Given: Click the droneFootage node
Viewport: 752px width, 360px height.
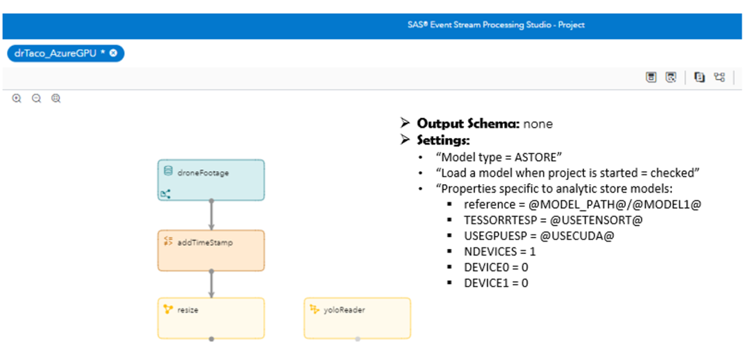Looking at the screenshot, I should tap(211, 180).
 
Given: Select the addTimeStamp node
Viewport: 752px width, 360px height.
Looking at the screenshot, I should tap(211, 250).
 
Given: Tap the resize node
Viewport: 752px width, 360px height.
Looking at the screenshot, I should tap(211, 318).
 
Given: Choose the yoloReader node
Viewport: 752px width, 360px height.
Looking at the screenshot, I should tap(356, 318).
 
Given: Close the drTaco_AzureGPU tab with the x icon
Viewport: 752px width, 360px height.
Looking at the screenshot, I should tap(114, 53).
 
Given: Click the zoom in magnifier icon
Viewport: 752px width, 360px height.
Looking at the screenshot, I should tap(17, 98).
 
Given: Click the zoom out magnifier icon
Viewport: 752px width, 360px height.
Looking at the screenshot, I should tap(36, 98).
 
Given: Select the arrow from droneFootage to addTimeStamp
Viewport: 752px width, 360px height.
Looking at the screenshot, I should tap(211, 215).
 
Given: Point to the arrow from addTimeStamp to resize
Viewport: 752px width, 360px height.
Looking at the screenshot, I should tap(211, 284).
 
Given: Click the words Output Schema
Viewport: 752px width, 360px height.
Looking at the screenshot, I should tap(468, 123).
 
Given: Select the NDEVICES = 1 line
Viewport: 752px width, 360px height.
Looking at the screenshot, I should tap(500, 251).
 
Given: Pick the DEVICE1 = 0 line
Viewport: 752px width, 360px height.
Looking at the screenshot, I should tap(496, 283).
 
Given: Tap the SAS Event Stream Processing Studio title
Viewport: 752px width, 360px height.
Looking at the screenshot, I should tap(496, 24).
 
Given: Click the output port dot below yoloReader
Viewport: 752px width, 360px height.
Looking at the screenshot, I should tap(357, 339).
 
